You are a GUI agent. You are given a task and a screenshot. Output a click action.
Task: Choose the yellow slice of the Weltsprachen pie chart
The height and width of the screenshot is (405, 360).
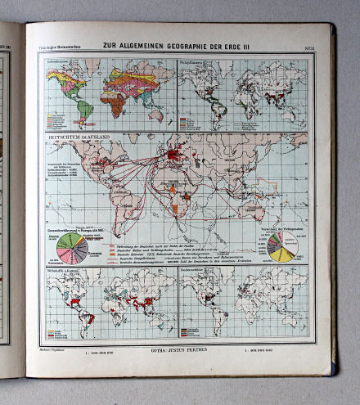(282, 254)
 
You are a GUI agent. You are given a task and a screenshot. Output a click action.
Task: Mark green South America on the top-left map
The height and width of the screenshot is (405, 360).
(83, 107)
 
